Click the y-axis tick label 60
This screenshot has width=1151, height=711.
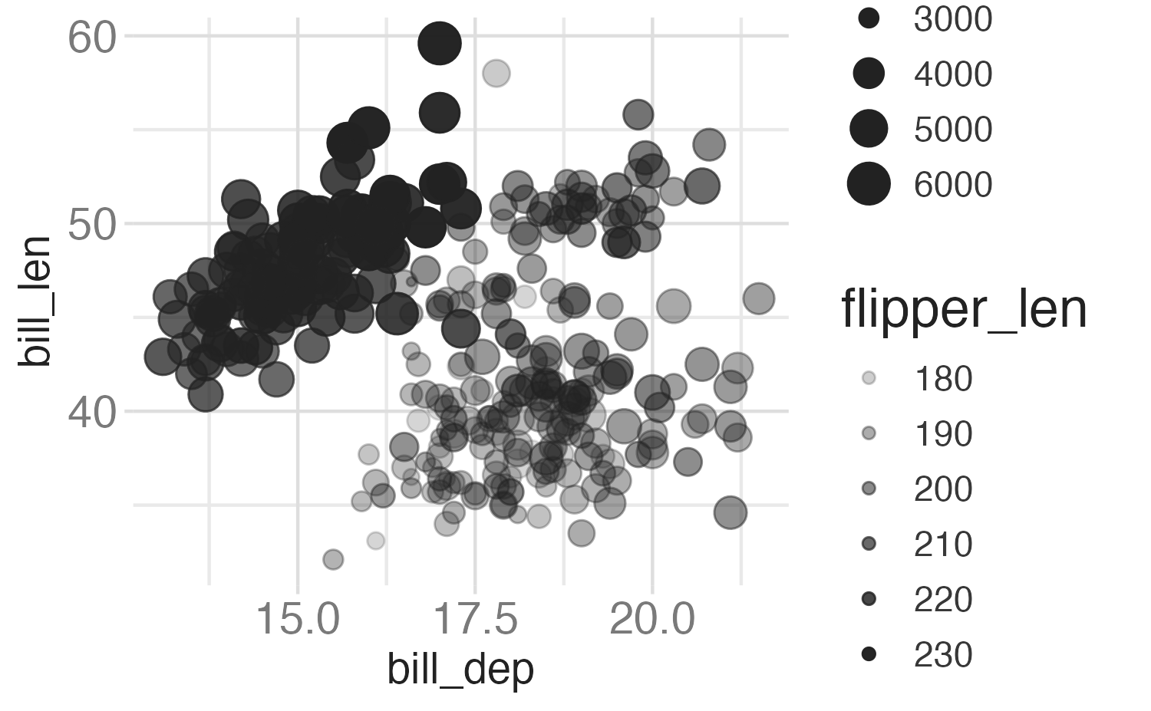91,37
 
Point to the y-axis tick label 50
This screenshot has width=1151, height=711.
91,225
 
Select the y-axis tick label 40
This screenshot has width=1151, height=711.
91,413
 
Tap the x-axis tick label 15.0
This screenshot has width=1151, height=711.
298,618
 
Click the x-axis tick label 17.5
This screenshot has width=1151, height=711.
476,618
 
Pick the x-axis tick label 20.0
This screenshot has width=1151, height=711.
652,618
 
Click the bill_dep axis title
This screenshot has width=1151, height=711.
460,670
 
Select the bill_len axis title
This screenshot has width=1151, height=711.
35,301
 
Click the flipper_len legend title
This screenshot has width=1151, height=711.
964,309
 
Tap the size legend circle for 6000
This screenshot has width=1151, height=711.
869,184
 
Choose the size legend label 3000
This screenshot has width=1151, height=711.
952,19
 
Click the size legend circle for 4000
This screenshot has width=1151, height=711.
869,74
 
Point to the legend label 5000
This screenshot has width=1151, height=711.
952,129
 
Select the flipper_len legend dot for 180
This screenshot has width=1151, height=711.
869,378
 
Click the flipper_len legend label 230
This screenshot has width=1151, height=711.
943,654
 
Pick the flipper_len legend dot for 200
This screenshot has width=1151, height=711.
869,489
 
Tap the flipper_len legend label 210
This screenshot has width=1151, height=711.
943,544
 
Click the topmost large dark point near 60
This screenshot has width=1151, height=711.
440,44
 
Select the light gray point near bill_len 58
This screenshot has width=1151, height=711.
496,74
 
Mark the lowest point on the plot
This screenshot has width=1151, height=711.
333,559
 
